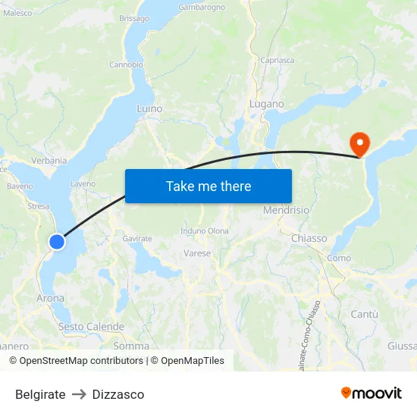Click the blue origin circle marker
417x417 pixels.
[x=57, y=242]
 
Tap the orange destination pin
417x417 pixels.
[x=358, y=143]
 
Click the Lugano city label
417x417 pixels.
[x=267, y=104]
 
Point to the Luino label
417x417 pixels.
[x=149, y=109]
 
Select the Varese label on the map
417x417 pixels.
[x=197, y=253]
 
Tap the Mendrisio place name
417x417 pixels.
[x=286, y=210]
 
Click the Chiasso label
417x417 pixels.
[x=309, y=238]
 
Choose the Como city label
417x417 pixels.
[x=339, y=259]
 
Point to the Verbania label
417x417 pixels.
[x=49, y=161]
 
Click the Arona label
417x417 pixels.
[x=51, y=299]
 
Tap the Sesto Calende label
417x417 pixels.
[x=91, y=327]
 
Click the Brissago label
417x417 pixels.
[x=134, y=18]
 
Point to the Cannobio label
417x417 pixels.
[x=126, y=64]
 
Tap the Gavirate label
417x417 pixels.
[x=137, y=238]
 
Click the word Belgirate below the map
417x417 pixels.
[x=40, y=394]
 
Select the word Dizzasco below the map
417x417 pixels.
[x=118, y=394]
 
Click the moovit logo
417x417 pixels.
[x=372, y=393]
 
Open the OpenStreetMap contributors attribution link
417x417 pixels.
[x=81, y=361]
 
